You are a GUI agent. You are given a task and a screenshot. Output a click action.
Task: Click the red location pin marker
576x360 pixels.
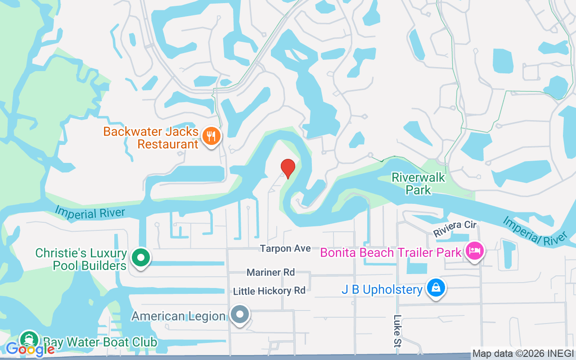coord(288,168)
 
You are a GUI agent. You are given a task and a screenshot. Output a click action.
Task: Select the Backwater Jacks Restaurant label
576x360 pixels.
coord(151,138)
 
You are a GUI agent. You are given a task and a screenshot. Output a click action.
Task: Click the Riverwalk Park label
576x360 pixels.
coord(418,184)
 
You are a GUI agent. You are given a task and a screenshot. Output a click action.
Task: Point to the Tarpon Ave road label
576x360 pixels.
coord(285,249)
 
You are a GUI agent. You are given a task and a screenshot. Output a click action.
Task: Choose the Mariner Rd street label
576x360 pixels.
coord(270,272)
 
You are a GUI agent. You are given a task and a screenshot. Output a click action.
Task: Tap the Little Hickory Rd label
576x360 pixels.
coord(269,291)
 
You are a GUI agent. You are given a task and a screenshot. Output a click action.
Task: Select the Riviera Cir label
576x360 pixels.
coord(454,229)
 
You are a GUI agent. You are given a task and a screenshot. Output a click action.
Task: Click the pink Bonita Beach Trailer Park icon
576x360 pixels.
coord(474,251)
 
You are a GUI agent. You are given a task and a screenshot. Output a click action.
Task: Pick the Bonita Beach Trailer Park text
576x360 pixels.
coord(391,252)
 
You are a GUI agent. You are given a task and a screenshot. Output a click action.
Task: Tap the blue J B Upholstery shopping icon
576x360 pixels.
coord(436,288)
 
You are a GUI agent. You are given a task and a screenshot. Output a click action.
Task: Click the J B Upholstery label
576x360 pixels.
coord(382,289)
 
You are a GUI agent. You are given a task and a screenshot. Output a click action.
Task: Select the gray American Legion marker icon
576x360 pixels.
coord(240,315)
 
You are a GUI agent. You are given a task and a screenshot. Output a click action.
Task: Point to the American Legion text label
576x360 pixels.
coord(178,316)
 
